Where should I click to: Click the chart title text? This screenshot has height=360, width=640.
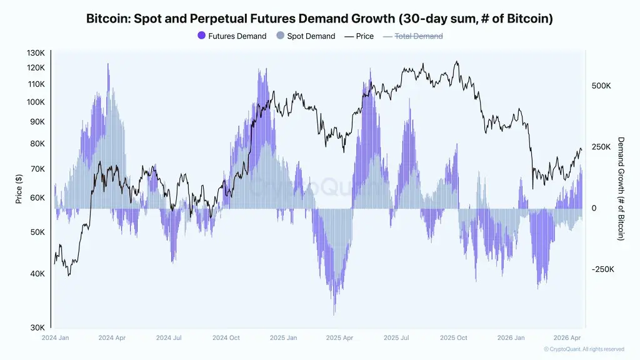pos(319,19)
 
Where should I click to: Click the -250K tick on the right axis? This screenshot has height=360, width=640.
pos(603,269)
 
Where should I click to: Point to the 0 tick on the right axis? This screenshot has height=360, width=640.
pos(594,208)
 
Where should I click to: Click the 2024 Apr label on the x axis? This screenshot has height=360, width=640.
pos(112,338)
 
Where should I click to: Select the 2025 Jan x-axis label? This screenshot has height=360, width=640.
pos(283,338)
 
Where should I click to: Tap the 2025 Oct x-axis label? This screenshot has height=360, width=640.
pos(453,338)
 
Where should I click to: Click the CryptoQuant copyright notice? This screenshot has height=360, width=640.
pos(584,349)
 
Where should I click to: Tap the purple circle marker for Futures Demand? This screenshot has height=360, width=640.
pos(201,36)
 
